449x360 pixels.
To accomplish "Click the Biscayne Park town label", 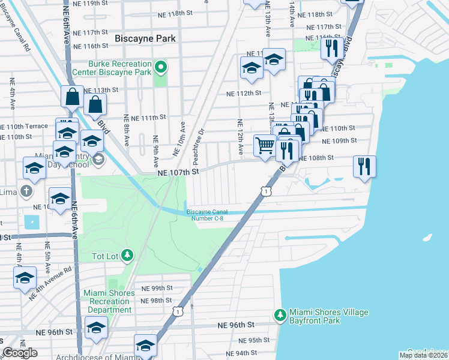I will coord(145,38).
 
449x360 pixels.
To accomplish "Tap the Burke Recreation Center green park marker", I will coord(160,67).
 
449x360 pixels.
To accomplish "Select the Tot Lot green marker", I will coord(127,256).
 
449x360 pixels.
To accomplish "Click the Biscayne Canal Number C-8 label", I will coord(206,214).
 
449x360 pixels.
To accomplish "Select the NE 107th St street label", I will coord(178,172).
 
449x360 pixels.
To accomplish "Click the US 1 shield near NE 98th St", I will coord(177,311).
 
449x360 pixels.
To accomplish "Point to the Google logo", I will coord(20,353).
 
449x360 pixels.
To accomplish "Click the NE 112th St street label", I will coord(244,93).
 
